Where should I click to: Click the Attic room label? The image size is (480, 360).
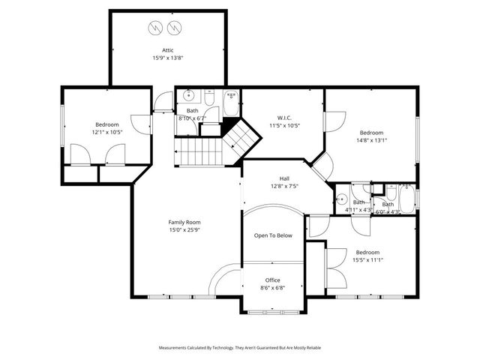click(168, 50)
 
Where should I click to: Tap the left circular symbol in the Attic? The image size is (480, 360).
click(155, 28)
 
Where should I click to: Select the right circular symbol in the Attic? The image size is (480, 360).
click(175, 28)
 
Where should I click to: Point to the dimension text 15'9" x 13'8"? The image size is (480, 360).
click(168, 58)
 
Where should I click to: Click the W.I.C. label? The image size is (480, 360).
click(284, 117)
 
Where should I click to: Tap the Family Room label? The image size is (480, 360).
click(184, 222)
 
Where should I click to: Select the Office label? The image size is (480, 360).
click(272, 280)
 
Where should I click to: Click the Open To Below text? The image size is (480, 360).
click(273, 235)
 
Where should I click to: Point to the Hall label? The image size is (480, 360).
click(284, 178)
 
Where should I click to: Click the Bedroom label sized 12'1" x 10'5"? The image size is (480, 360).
click(106, 124)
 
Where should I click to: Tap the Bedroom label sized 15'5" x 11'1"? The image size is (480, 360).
click(367, 252)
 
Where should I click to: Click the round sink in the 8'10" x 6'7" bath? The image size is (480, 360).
click(188, 96)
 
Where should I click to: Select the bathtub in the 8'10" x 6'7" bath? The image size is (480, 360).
click(232, 105)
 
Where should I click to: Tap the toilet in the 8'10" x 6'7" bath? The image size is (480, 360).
click(210, 97)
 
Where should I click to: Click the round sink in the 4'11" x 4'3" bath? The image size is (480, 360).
click(342, 199)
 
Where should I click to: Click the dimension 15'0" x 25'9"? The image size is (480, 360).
click(184, 230)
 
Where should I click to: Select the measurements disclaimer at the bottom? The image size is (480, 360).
click(239, 348)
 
